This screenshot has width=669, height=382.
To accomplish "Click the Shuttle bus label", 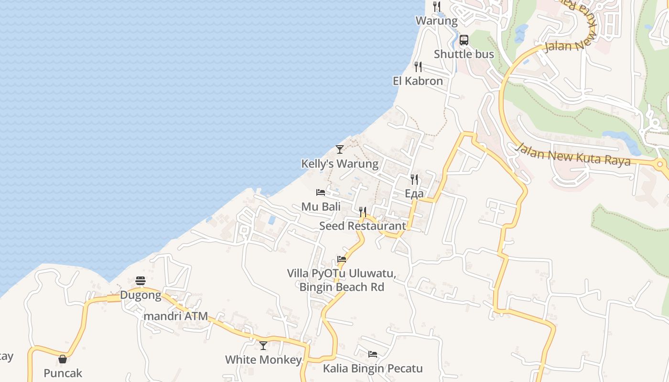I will (464, 54).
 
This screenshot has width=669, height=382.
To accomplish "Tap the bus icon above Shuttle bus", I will (464, 40).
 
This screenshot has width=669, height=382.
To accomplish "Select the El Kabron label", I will (418, 81).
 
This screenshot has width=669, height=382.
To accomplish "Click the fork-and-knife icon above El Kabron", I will (418, 67).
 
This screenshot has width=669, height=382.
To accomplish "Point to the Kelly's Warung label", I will (339, 164).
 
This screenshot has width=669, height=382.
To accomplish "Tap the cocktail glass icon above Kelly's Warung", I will (339, 149).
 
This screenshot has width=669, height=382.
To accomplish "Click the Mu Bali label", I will (321, 206).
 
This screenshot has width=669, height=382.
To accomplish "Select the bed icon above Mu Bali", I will (321, 192).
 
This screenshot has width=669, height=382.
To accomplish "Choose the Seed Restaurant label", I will (362, 226).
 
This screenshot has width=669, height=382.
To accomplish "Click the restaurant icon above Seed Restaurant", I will (363, 212).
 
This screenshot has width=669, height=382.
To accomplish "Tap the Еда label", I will (414, 193).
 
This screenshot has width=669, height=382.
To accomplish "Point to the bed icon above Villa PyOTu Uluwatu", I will (342, 260).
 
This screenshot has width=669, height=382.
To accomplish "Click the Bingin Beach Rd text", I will (342, 287).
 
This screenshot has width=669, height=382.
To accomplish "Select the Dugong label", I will (140, 295).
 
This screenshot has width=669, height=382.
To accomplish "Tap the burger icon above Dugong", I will (140, 280).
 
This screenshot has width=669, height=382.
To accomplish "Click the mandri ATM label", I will (176, 316).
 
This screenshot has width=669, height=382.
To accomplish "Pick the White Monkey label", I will (263, 360).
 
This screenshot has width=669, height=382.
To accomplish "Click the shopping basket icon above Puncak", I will (63, 359).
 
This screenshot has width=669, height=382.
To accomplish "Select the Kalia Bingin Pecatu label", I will (373, 368).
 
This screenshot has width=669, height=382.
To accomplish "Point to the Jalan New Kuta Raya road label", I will (572, 154).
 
